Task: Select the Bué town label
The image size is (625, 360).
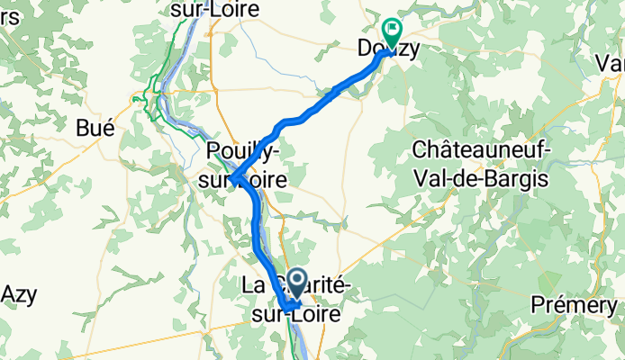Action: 95,129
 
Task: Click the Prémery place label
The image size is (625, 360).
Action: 586,304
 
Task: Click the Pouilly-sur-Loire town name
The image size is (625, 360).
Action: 248,164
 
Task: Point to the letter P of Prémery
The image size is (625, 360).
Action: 561,304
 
